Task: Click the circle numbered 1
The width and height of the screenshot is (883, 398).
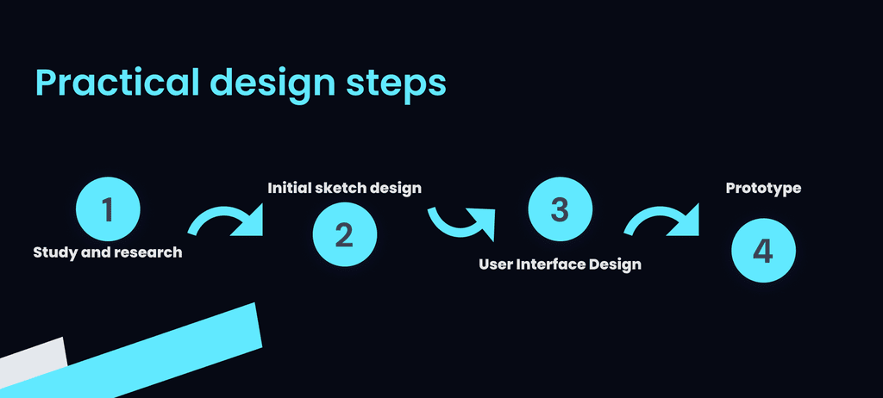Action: coord(108,208)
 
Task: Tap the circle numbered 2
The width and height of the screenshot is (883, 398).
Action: coord(345,234)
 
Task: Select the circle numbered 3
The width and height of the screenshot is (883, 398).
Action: coord(560,208)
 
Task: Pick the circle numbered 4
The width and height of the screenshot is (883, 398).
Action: coord(763,251)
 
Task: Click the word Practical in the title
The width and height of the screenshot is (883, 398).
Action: coord(117,84)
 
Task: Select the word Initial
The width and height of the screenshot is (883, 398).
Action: coord(285,188)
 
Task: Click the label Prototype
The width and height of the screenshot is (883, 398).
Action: coord(763,189)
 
